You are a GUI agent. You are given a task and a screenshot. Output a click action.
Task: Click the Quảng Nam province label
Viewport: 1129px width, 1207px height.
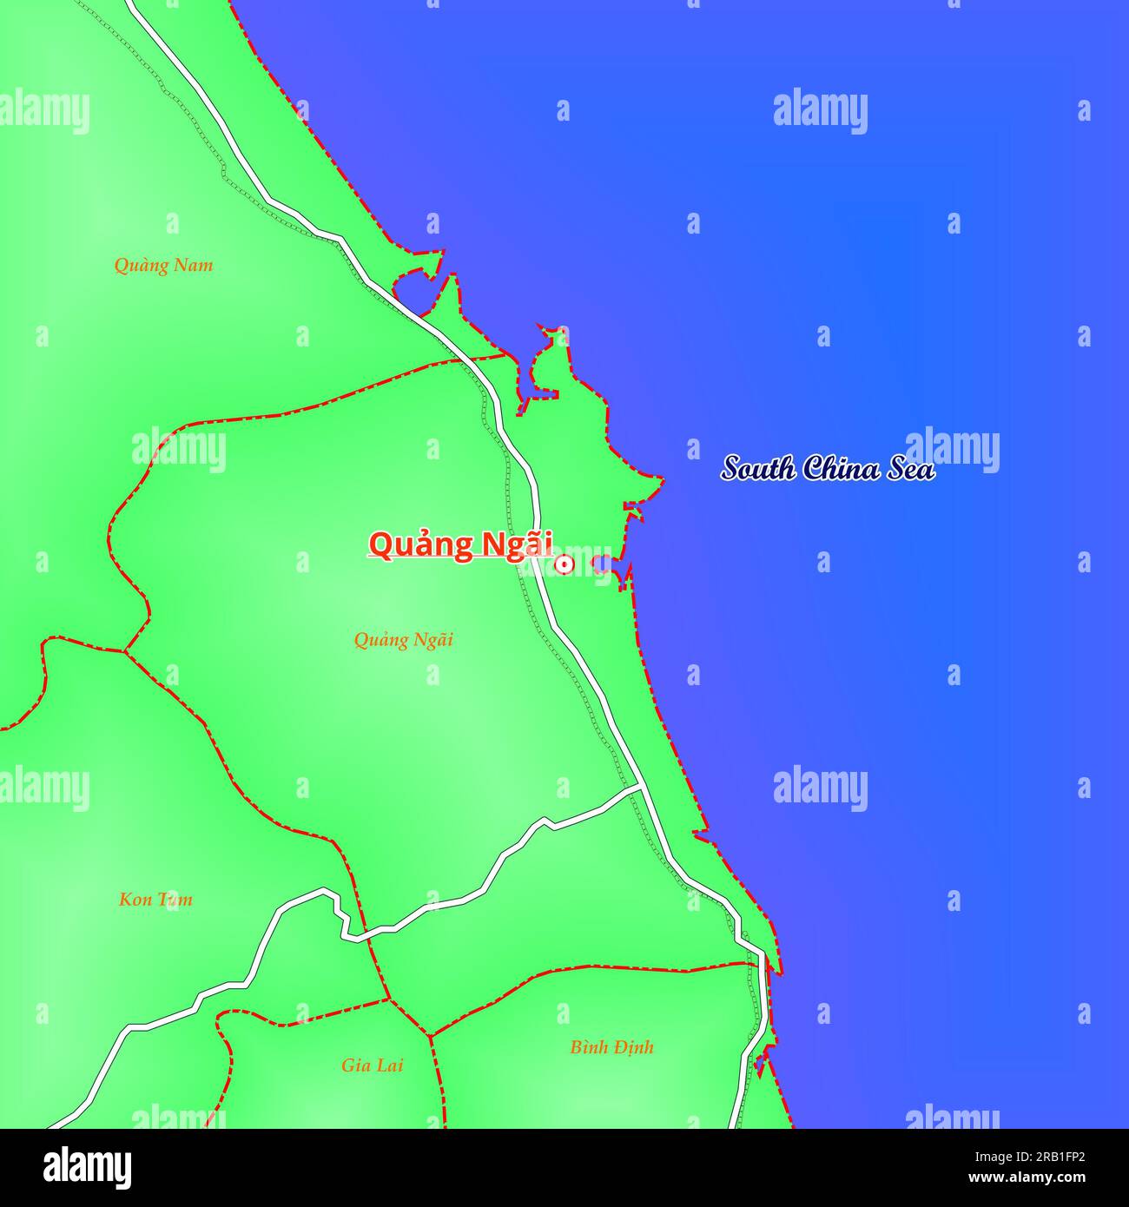(x=163, y=266)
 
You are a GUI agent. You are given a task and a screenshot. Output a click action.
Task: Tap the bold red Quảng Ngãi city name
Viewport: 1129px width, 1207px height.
(x=460, y=544)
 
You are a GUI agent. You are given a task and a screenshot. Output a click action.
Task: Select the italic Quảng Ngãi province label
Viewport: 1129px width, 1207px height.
(x=403, y=641)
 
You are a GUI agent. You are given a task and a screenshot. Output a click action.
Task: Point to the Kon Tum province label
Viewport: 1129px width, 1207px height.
(x=155, y=900)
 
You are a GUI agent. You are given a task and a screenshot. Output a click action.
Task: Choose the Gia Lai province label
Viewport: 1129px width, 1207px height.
(x=372, y=1065)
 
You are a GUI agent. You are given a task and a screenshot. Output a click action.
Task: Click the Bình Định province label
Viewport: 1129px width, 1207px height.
(x=611, y=1047)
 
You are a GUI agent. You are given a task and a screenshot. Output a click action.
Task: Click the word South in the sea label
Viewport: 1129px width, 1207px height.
(x=757, y=469)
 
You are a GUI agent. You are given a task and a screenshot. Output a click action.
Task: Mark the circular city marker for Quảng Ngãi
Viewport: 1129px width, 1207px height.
(x=564, y=564)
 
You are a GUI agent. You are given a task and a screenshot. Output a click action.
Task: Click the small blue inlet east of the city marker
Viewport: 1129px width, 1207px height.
(x=602, y=565)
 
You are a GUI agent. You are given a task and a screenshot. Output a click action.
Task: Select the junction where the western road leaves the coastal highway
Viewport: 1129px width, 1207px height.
(x=640, y=788)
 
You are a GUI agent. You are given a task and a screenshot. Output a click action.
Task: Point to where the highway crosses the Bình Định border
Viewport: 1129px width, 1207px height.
(x=759, y=963)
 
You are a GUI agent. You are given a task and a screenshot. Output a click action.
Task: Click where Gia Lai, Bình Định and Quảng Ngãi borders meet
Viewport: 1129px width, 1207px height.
(x=431, y=1034)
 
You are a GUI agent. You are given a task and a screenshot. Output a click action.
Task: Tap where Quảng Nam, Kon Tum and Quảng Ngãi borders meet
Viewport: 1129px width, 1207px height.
(x=126, y=650)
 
